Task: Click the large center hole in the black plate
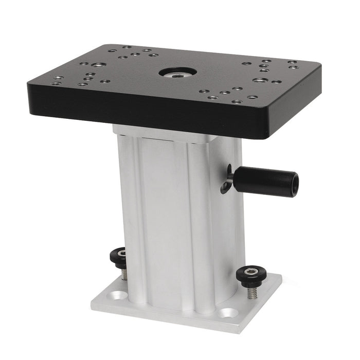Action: click(177, 72)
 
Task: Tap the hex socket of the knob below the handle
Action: click(250, 271)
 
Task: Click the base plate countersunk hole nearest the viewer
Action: click(228, 312)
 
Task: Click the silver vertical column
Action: click(175, 216)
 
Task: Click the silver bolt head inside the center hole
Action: click(177, 73)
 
